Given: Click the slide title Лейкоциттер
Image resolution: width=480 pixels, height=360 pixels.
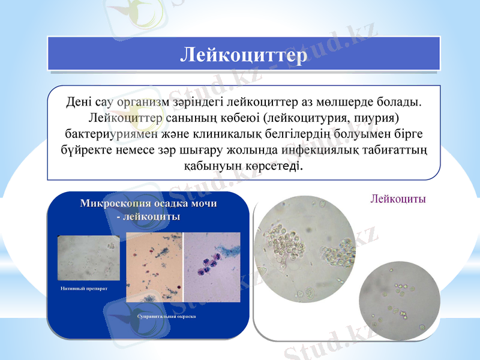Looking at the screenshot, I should click(x=244, y=55).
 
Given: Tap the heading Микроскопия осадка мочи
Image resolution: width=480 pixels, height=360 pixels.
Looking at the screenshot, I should click(x=148, y=204).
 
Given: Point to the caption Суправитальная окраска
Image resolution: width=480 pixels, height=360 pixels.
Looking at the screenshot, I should click(x=166, y=316).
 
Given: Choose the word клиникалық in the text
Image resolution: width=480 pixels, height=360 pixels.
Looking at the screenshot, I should click(x=227, y=133).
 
